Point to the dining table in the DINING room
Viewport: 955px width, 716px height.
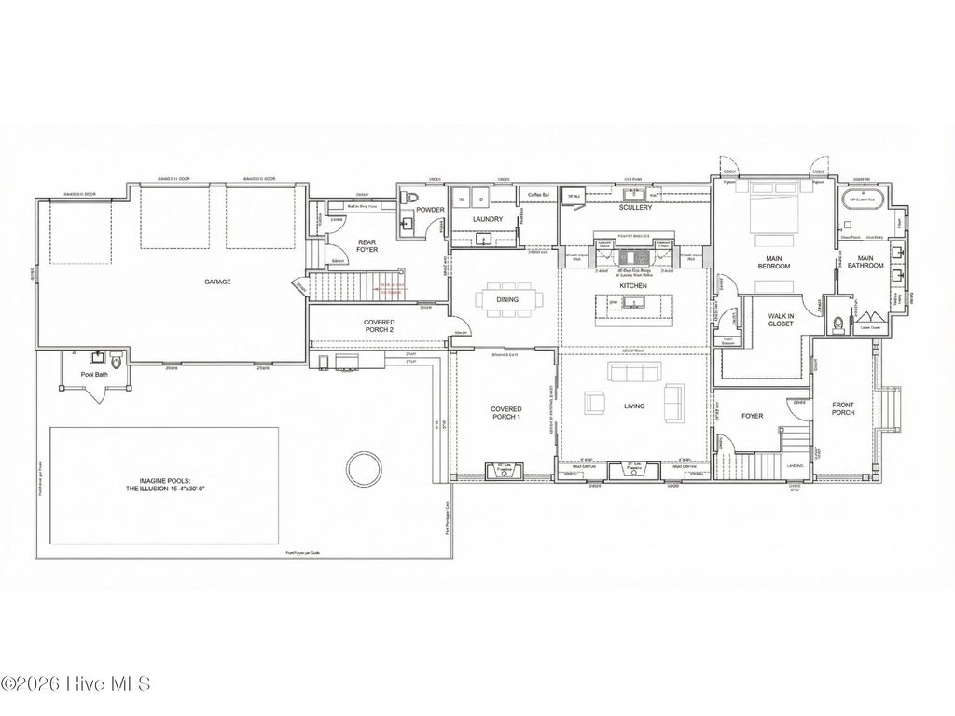tap(506, 301)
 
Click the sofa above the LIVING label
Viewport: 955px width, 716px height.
tap(634, 373)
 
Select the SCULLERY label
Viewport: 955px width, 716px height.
tap(635, 207)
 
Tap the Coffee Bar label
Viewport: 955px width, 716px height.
tap(538, 195)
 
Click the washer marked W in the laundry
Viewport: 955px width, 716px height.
tap(462, 200)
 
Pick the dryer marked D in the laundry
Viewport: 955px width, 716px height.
tap(481, 200)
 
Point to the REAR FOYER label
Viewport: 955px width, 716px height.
tap(367, 246)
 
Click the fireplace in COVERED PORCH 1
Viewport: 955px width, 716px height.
tap(505, 469)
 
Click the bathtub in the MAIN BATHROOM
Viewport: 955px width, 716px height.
tap(865, 200)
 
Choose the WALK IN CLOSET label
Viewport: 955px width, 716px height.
tap(781, 322)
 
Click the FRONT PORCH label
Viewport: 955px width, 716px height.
tap(842, 408)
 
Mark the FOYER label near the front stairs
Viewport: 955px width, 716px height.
tap(752, 416)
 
